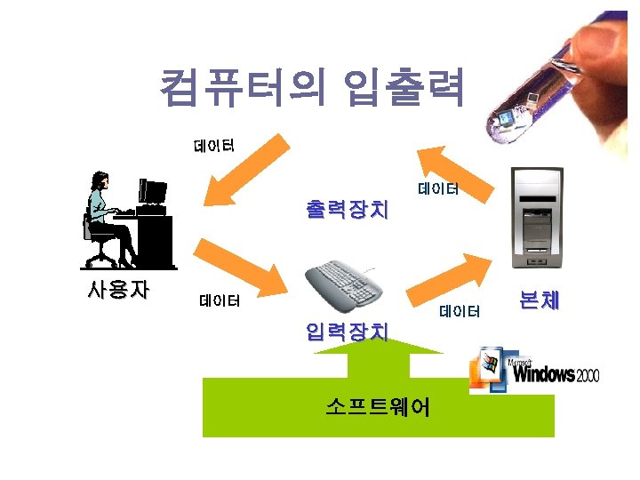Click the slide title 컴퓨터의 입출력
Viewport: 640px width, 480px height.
tap(312, 88)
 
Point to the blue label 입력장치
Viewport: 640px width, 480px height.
tap(347, 332)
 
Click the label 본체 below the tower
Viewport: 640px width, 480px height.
tap(539, 300)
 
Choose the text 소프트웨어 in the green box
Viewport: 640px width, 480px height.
tap(378, 407)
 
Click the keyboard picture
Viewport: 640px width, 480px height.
tap(343, 284)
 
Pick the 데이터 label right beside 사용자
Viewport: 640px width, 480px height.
tap(220, 300)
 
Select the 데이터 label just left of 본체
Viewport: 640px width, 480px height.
tap(460, 310)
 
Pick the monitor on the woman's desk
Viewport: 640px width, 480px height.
tap(153, 191)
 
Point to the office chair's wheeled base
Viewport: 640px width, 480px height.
tap(101, 259)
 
